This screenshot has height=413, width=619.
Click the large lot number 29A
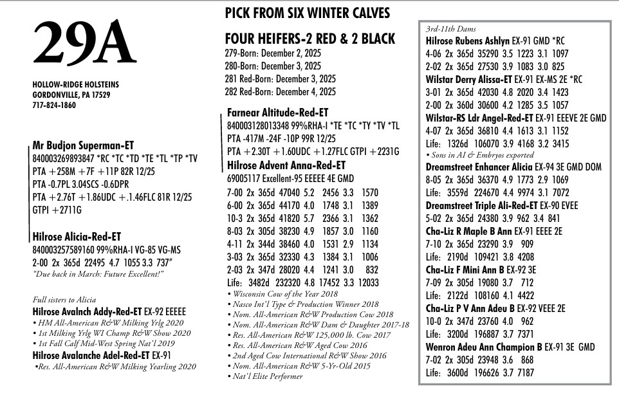pyautogui.click(x=84, y=46)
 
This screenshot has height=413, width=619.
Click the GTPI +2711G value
pyautogui.click(x=57, y=209)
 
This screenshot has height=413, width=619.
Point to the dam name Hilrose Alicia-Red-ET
pyautogui.click(x=77, y=237)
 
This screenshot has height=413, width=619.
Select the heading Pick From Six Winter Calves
pyautogui.click(x=307, y=14)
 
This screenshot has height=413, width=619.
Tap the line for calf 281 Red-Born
pyautogui.click(x=281, y=78)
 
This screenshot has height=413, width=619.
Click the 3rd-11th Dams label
pyautogui.click(x=448, y=30)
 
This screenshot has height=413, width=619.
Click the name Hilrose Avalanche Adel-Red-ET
pyautogui.click(x=91, y=354)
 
